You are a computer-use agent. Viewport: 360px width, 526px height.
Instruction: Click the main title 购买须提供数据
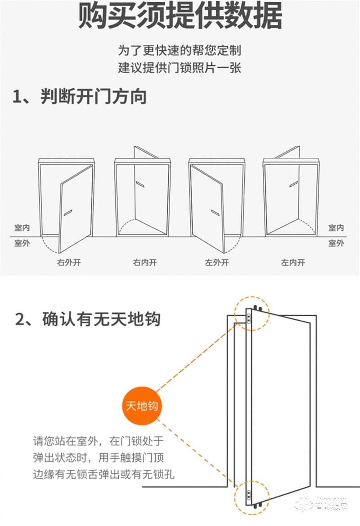coord(180,17)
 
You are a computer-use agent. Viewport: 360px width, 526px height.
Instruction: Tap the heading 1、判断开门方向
coord(80,96)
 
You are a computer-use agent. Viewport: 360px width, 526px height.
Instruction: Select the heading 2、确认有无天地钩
coord(88,319)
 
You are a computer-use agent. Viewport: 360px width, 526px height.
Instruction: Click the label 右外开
coord(68,262)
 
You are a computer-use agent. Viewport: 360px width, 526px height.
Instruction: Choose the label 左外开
coord(217,262)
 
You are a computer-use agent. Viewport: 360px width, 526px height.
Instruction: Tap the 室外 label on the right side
coord(336,243)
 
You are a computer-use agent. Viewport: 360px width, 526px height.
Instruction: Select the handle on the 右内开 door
coord(139,184)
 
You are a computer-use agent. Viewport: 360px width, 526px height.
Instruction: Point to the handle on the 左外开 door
coord(215,212)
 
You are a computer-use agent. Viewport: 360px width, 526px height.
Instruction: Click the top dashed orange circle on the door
coord(251,314)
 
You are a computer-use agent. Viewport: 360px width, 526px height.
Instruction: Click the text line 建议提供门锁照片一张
coord(180,68)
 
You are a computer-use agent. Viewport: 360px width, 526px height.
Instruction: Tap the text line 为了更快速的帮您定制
coord(180,50)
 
